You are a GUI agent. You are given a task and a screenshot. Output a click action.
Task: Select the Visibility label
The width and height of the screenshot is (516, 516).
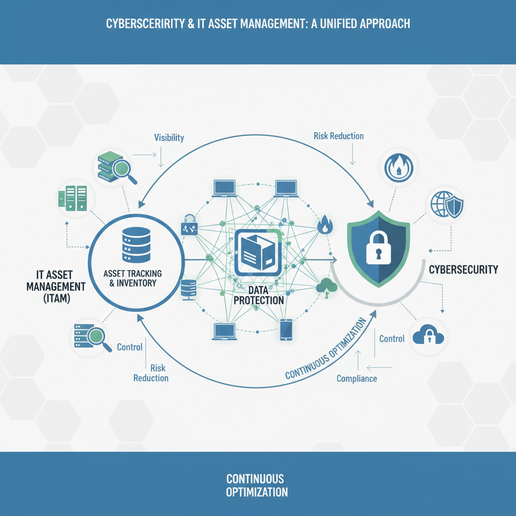[x=169, y=138]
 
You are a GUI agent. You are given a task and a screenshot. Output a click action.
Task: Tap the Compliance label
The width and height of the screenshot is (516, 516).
[x=356, y=378]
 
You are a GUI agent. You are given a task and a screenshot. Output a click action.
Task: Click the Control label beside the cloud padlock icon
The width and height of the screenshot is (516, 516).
[x=392, y=339]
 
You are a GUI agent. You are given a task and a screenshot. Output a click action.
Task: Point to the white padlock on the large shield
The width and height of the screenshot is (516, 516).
[x=376, y=247]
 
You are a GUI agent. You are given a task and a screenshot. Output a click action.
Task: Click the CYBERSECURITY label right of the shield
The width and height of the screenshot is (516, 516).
[x=463, y=270]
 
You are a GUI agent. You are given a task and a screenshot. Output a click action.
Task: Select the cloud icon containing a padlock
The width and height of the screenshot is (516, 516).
[x=428, y=335]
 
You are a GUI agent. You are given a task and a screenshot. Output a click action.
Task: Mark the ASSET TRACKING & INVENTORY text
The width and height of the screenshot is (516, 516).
[x=133, y=278]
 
